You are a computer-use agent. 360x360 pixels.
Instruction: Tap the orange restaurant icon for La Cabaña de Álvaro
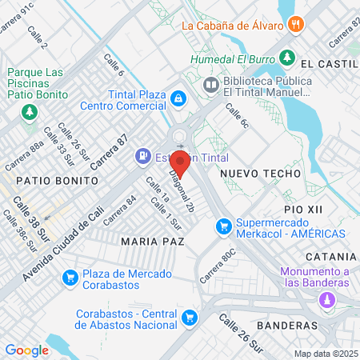pyautogui.click(x=296, y=24)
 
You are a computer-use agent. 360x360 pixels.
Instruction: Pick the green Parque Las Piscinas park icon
pyautogui.click(x=30, y=110)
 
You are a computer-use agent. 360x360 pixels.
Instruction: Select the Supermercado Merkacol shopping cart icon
pyautogui.click(x=224, y=228)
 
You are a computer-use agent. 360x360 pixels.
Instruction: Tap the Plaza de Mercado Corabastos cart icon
pyautogui.click(x=70, y=278)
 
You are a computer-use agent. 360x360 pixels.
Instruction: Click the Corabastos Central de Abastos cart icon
pyautogui.click(x=189, y=318)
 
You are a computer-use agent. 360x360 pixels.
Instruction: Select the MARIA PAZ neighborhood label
pyautogui.click(x=152, y=240)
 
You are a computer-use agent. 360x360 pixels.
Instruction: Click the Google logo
pyautogui.click(x=27, y=350)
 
